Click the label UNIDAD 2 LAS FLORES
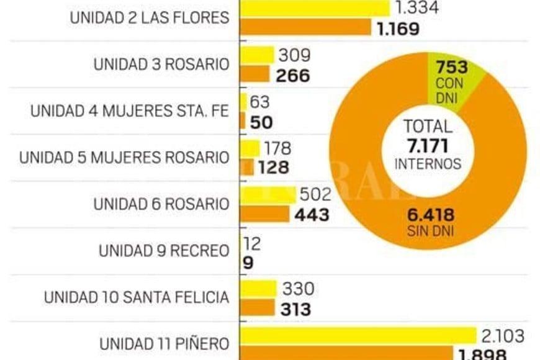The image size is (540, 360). pos(149,17)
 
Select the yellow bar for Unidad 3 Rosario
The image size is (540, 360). pos(257,55)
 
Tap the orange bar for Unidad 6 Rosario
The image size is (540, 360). pos(265,214)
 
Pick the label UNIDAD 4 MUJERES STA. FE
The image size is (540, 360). pos(129,111)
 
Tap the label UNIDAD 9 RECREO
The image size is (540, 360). pos(163,251)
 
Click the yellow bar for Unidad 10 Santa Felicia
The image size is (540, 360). pos(258,289)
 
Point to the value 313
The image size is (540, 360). pos(295,308)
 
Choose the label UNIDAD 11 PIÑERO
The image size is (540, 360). pos(164,343)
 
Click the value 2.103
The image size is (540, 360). pos(503,336)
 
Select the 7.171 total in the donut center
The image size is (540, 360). pos(428,146)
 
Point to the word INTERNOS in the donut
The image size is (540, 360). pos(428,164)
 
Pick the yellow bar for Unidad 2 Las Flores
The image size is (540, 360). pos(315,7)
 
